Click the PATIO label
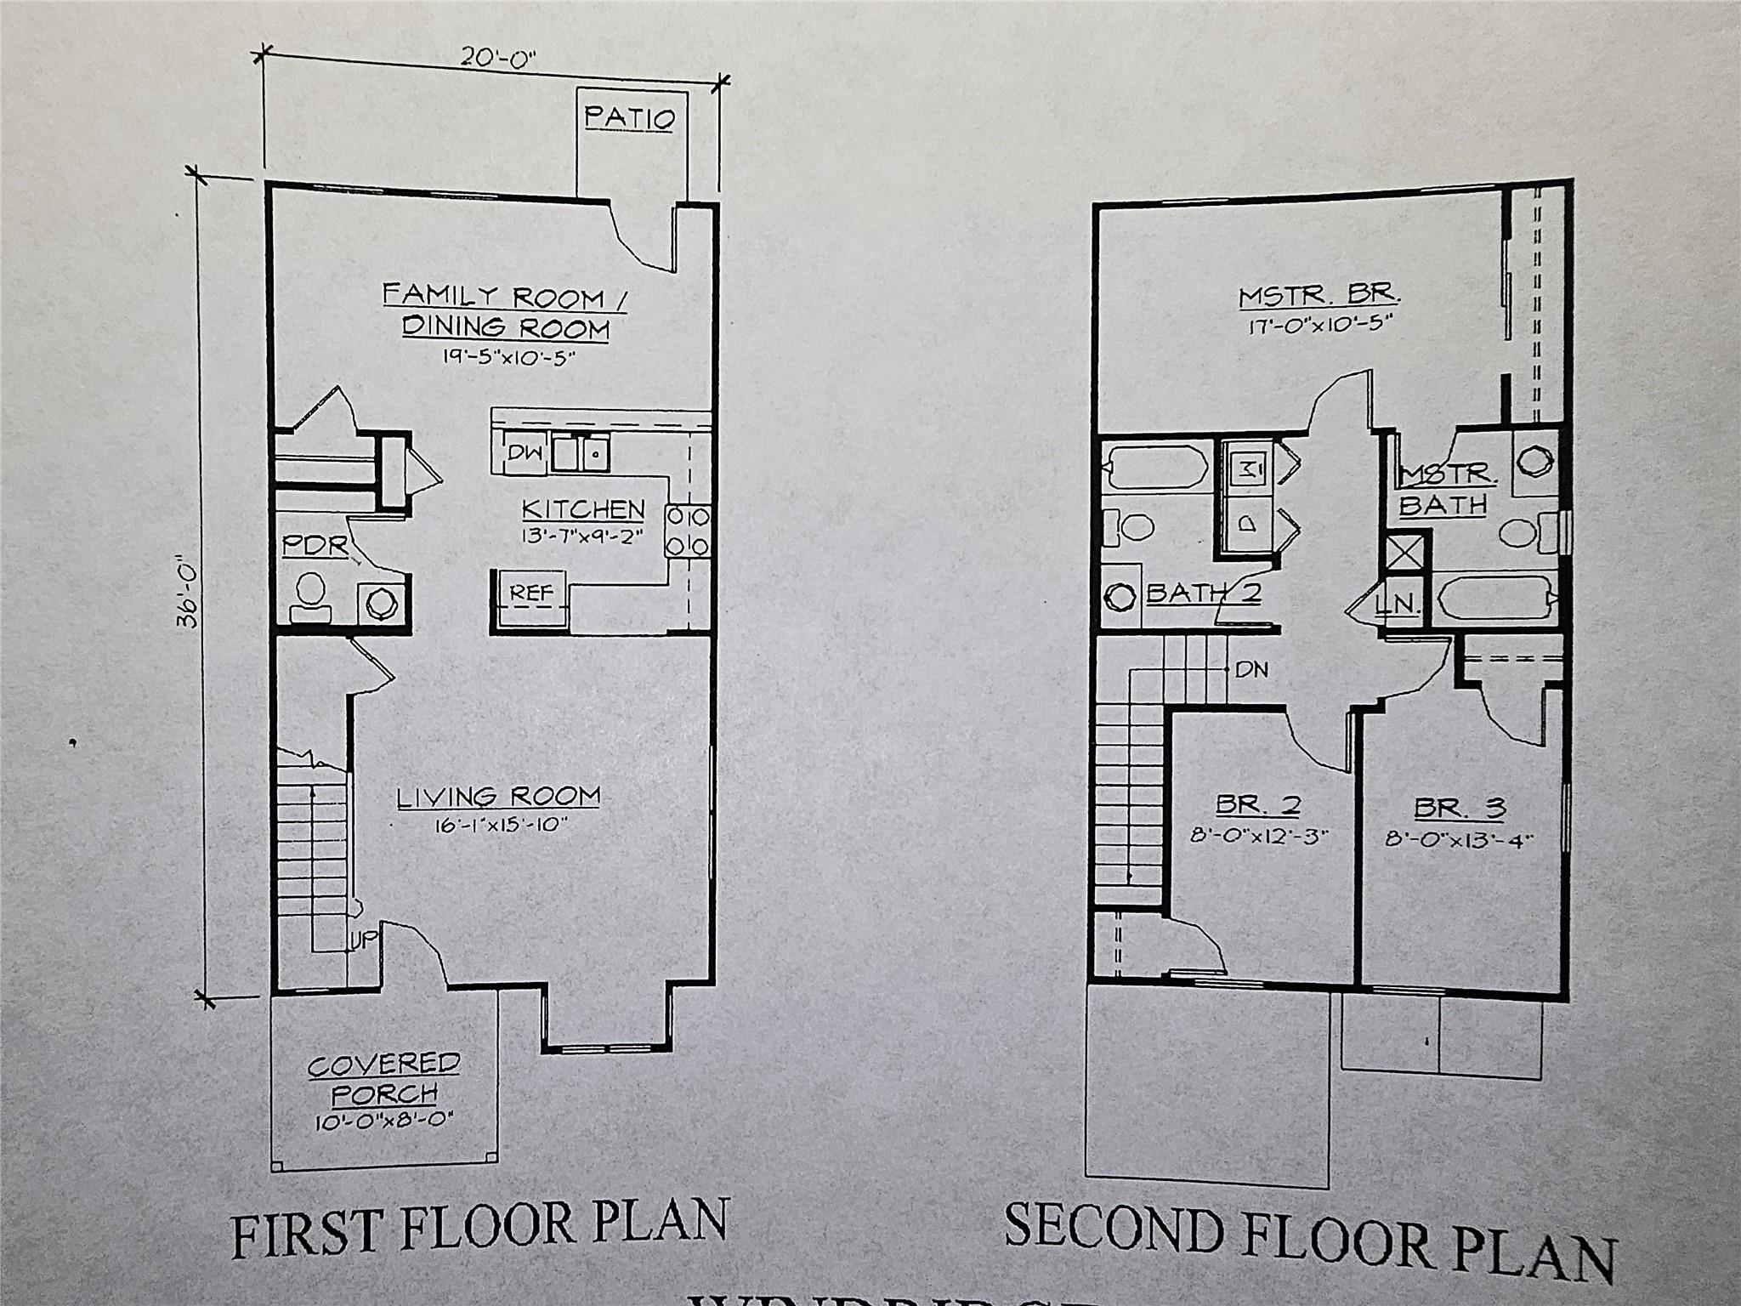click(x=630, y=117)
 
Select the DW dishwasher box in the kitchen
click(x=525, y=453)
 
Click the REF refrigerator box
click(x=531, y=592)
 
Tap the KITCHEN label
click(x=583, y=509)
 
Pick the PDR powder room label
click(x=315, y=546)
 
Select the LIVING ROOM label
click(x=499, y=797)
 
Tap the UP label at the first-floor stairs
click(x=360, y=940)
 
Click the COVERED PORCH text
click(x=384, y=1077)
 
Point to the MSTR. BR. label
click(x=1319, y=297)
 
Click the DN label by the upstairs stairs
click(x=1251, y=670)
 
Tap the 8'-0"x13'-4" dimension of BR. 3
click(x=1459, y=839)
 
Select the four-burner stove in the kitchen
click(x=687, y=531)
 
